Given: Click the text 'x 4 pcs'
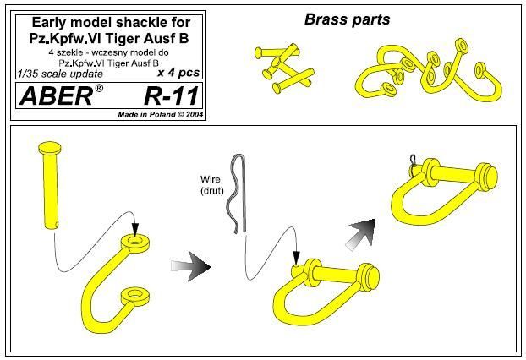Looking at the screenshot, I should tap(178, 74).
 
